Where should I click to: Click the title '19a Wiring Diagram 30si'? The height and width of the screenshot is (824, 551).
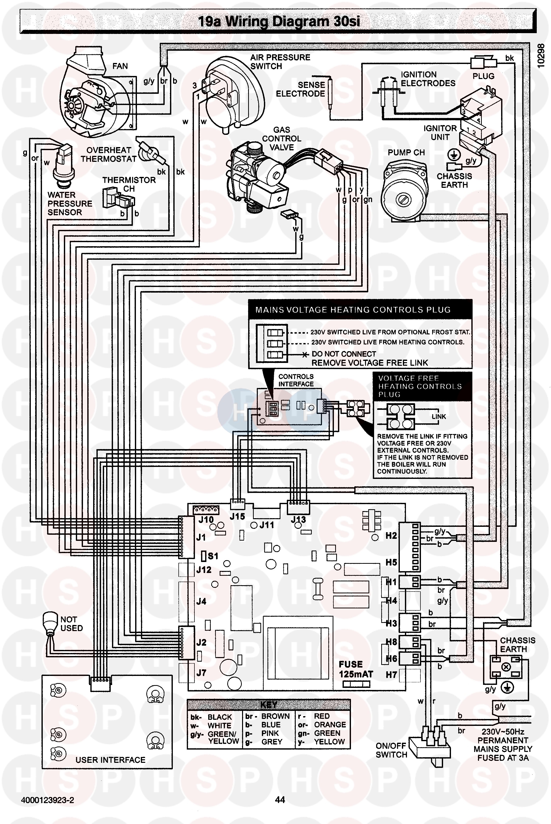279,22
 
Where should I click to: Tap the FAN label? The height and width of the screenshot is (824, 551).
120,66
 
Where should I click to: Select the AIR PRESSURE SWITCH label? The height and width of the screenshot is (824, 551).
280,62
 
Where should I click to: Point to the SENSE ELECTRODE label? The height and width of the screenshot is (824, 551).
301,89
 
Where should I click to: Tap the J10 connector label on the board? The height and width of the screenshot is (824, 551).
206,520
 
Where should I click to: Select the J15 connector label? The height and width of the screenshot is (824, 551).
237,516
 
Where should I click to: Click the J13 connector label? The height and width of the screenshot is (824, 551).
298,519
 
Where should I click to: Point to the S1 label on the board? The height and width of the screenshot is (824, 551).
213,556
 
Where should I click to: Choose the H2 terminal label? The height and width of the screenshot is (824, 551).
391,536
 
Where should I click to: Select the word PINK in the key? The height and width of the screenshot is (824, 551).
270,733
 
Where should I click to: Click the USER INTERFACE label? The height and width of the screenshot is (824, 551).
110,760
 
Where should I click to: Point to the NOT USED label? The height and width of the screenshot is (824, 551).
71,624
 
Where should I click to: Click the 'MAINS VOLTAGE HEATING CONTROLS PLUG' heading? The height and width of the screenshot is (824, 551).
353,310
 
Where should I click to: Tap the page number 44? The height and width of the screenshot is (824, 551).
280,800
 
